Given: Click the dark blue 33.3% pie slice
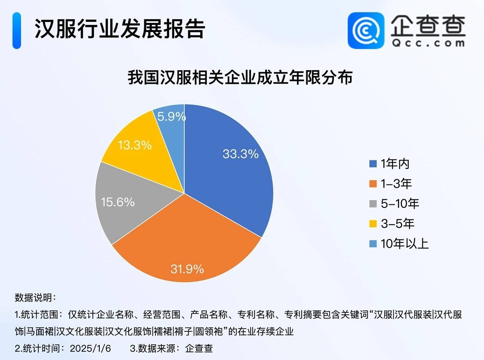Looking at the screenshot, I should (230, 176).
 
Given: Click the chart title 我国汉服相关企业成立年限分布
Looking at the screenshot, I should (240, 78).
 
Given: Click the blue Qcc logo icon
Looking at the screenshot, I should (366, 30).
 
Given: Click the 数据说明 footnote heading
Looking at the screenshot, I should (35, 298).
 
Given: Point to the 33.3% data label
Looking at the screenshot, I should (240, 154).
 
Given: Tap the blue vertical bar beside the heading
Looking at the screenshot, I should (16, 30).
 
